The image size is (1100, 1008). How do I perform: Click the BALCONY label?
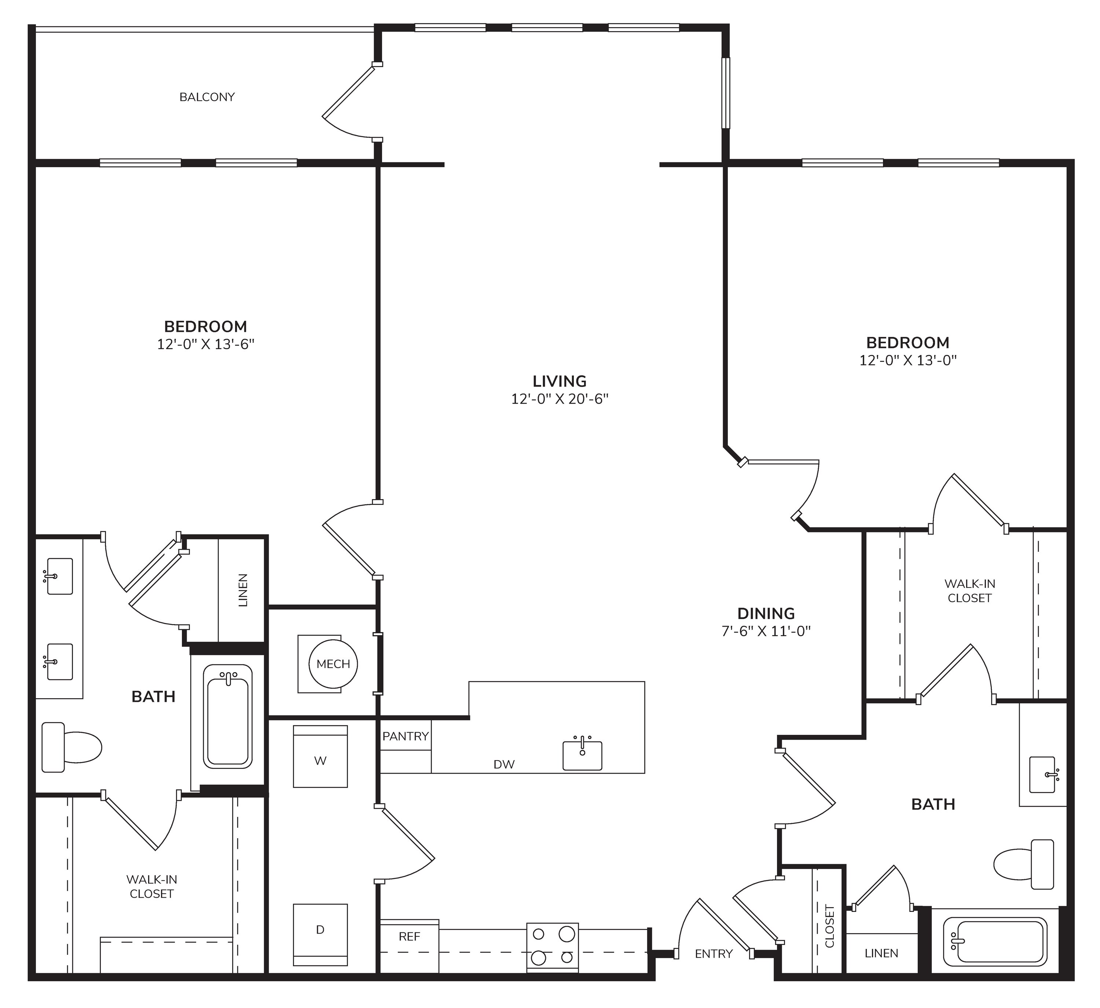coord(207,97)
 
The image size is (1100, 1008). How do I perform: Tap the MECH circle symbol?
coord(333,664)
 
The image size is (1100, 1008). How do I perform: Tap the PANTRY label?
coord(406,736)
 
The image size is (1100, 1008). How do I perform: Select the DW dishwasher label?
coord(504,765)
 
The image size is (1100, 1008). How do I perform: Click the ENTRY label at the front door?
coord(714,953)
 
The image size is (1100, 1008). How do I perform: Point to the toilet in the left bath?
coord(71,747)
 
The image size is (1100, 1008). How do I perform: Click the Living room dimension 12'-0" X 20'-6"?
coord(559,399)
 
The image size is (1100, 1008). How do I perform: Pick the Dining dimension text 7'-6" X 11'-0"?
coord(766,631)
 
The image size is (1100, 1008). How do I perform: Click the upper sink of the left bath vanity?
coord(59,576)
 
